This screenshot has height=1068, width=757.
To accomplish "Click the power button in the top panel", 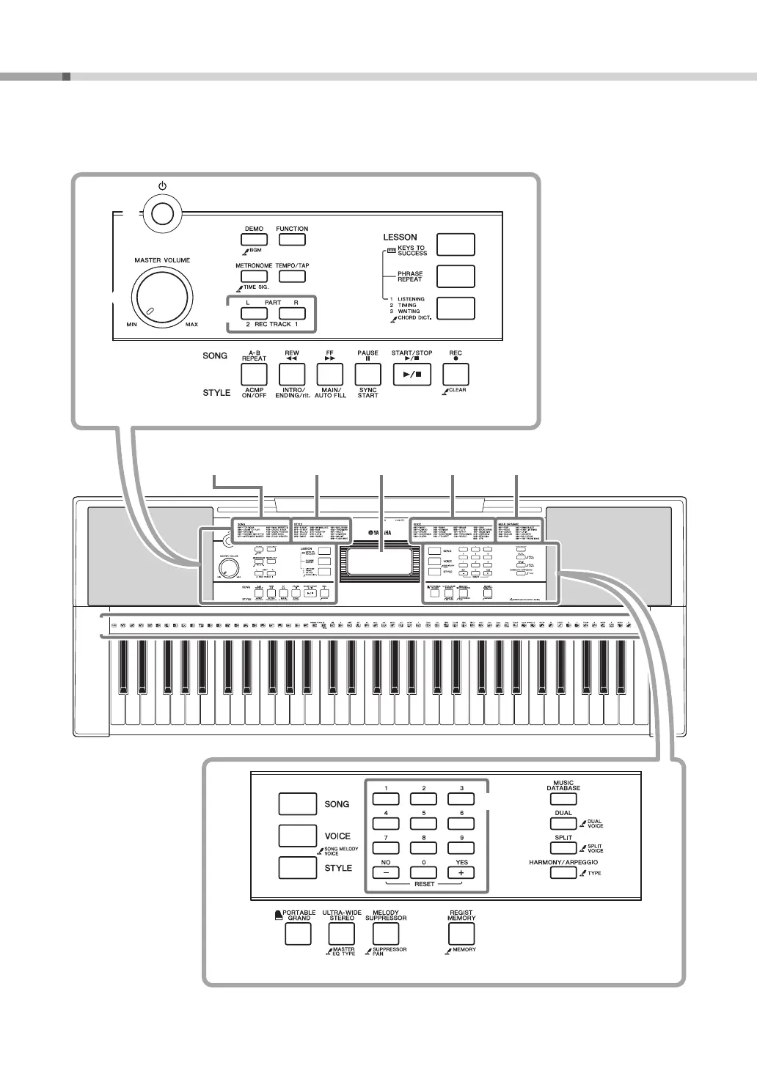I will click(x=164, y=213).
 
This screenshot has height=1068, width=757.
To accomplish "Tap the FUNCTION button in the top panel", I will click(x=292, y=239).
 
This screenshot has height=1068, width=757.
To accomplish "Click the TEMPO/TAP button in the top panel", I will click(x=292, y=276).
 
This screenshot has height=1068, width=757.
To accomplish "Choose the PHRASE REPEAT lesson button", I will click(x=456, y=276).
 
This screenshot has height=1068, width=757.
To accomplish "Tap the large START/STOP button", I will click(x=412, y=373).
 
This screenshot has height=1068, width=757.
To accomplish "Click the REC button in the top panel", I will click(x=456, y=373).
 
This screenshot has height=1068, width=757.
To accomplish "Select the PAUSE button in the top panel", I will click(x=367, y=373).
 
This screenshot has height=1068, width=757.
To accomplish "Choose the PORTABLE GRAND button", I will click(x=298, y=934).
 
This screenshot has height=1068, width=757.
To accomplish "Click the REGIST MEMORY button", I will click(x=461, y=934).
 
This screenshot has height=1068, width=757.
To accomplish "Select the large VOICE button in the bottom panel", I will click(x=297, y=836).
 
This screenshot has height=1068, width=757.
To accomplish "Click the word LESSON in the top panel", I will click(x=400, y=237).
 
